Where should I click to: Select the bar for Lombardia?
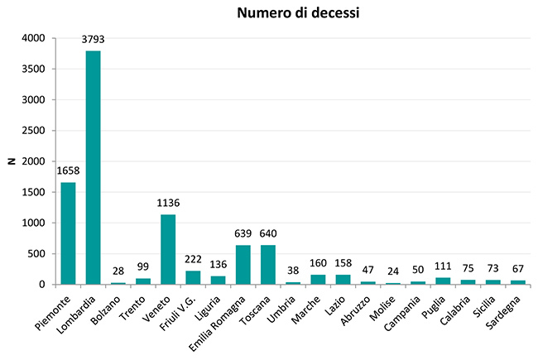pos(93,167)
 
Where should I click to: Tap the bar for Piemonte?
pos(68,233)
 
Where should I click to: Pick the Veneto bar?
pos(168,249)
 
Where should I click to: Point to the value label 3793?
pos(93,39)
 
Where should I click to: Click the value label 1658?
pos(68,170)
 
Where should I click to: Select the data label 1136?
pos(168,203)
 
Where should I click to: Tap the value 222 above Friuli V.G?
pos(193,259)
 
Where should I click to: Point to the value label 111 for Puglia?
pos(443,266)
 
